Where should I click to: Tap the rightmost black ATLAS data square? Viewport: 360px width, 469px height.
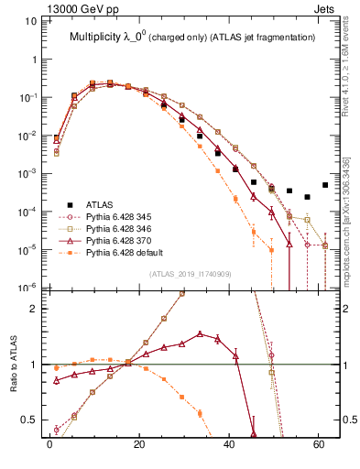point(325,185)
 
